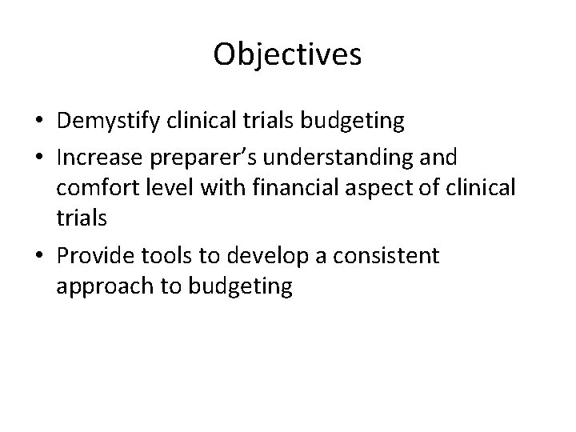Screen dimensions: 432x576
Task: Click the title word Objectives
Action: pyautogui.click(x=288, y=54)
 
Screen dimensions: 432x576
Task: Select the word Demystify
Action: pyautogui.click(x=112, y=122)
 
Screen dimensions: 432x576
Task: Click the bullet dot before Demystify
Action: pyautogui.click(x=38, y=122)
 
